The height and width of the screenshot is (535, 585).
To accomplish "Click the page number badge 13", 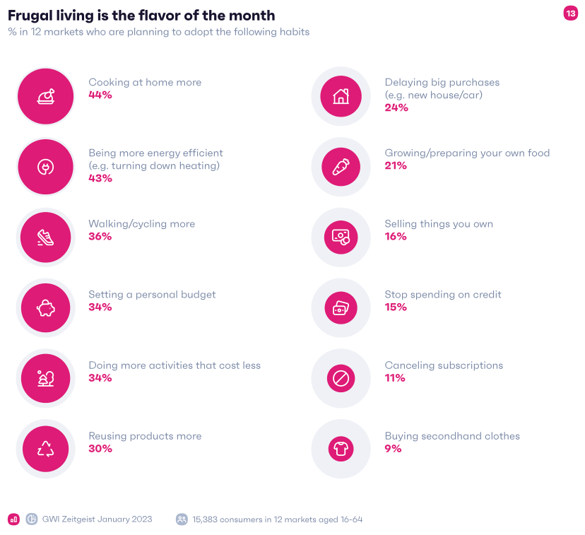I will [x=570, y=13].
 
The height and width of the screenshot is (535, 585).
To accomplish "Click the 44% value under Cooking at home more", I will [x=100, y=95].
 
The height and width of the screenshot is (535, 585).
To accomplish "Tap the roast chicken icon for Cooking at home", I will [x=46, y=96].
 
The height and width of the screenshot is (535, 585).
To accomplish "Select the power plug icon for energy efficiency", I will [x=46, y=167].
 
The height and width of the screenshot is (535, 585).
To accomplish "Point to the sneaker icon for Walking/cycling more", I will [x=46, y=237].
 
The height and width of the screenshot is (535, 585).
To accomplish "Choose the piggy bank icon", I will [x=46, y=308].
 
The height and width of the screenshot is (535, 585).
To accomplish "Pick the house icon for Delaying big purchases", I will [x=341, y=95].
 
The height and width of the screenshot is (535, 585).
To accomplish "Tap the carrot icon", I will [x=341, y=166].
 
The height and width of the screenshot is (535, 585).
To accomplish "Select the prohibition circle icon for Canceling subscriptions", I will [x=341, y=379].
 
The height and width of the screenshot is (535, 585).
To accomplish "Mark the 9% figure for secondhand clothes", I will [x=393, y=448].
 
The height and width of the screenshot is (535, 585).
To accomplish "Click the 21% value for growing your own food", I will [x=396, y=165].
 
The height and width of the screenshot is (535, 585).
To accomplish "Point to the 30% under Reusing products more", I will [x=100, y=448].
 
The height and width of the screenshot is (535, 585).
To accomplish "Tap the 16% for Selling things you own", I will [x=396, y=236].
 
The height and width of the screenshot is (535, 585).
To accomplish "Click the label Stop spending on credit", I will [x=442, y=294].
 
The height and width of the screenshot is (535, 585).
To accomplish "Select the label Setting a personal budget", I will [x=152, y=294].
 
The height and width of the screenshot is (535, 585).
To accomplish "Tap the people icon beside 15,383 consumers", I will [x=182, y=519].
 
